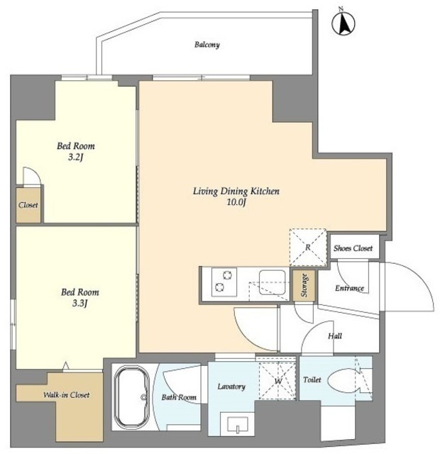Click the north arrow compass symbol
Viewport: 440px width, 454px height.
(343, 23)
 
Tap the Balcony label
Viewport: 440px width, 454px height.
(207, 45)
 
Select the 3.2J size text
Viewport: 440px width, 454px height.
(76, 157)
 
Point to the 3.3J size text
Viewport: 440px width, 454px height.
(80, 303)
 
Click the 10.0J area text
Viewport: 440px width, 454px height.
(236, 202)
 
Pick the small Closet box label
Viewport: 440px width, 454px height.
(28, 205)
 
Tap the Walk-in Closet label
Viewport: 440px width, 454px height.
(66, 394)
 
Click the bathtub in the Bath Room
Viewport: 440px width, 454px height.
(131, 397)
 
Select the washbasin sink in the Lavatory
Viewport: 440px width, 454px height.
(238, 425)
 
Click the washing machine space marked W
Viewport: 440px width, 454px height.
(277, 381)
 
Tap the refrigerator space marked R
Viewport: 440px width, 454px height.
(308, 248)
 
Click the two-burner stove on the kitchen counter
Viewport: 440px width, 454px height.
(224, 282)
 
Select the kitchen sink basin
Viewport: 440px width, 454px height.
(273, 282)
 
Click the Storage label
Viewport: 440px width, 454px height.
(304, 285)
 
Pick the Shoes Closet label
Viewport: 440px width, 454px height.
(353, 248)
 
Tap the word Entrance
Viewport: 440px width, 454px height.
(349, 288)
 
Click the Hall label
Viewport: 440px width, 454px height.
(335, 336)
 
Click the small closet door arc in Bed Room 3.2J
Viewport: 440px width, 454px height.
(35, 171)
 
